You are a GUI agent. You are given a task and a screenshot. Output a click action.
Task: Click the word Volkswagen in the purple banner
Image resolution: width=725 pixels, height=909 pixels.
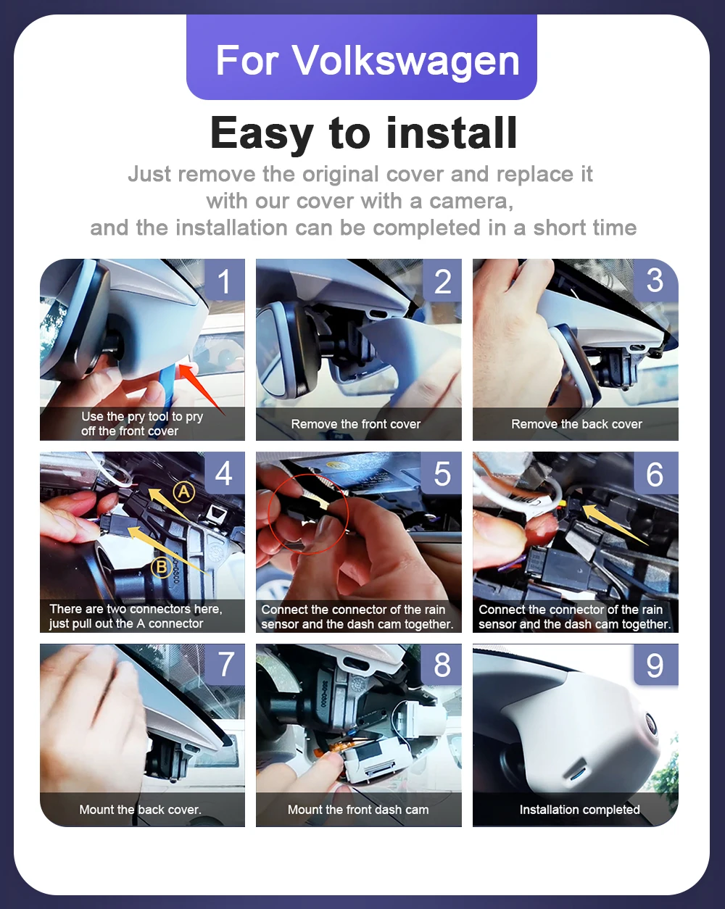click(x=405, y=61)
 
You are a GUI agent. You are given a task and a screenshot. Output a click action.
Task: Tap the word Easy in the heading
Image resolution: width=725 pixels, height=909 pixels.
click(x=262, y=134)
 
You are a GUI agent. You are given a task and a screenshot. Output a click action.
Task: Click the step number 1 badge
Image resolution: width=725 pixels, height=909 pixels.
click(x=224, y=280)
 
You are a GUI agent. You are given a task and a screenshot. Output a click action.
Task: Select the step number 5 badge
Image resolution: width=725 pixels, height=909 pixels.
click(x=442, y=473)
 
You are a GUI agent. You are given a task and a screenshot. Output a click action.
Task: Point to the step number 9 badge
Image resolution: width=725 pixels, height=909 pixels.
click(x=655, y=665)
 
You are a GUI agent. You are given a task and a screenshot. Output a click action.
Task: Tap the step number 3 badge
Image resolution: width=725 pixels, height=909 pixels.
click(x=655, y=280)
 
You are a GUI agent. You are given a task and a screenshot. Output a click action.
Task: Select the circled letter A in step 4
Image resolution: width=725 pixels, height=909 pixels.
click(x=183, y=491)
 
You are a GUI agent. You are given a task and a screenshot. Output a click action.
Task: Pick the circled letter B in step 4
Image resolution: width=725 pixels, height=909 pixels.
click(x=162, y=566)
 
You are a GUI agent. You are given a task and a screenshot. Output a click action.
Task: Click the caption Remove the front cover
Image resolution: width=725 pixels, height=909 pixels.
click(x=356, y=424)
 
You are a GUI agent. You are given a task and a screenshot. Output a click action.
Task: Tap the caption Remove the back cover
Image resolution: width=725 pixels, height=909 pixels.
click(x=576, y=424)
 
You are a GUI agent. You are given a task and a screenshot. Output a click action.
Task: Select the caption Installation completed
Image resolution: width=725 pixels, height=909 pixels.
click(x=579, y=810)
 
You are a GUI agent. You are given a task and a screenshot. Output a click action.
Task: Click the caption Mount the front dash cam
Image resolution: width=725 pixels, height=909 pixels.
click(x=358, y=809)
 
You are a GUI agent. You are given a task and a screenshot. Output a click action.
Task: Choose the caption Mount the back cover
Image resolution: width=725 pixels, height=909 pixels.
click(x=140, y=809)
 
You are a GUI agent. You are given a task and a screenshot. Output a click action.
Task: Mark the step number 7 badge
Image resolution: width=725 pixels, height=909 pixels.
click(x=225, y=664)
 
